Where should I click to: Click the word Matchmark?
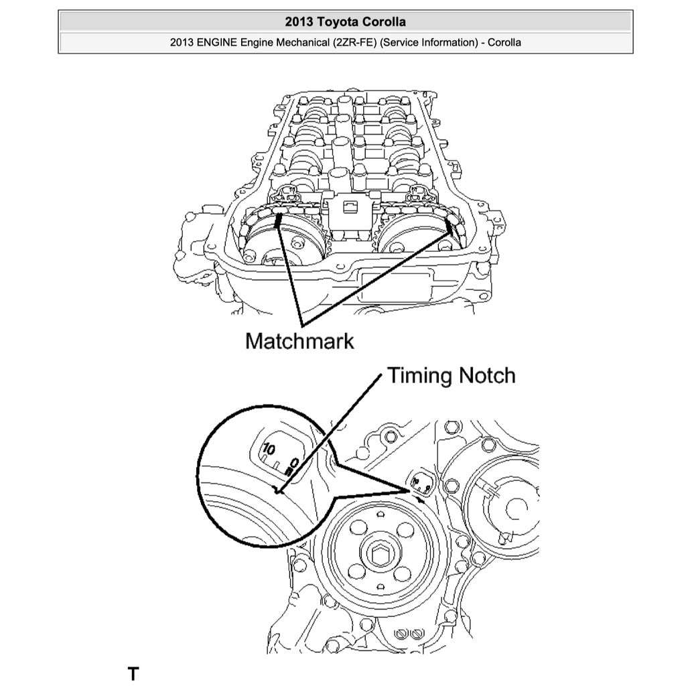coord(299,340)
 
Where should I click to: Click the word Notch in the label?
coord(486,375)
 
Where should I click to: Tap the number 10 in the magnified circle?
coord(269,450)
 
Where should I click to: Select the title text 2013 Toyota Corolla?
coord(345,21)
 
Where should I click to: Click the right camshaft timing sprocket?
coord(410,238)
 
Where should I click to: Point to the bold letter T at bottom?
coord(133,673)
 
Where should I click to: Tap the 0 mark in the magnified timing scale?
coord(295,462)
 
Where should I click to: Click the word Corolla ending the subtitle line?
coord(504,43)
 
